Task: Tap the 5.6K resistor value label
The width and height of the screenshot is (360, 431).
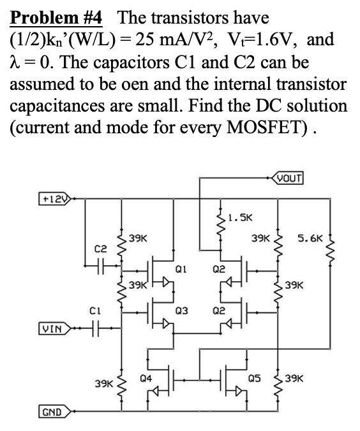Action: (311, 238)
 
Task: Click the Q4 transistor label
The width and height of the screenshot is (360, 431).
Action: (145, 379)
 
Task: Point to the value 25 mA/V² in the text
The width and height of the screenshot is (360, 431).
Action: (176, 39)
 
